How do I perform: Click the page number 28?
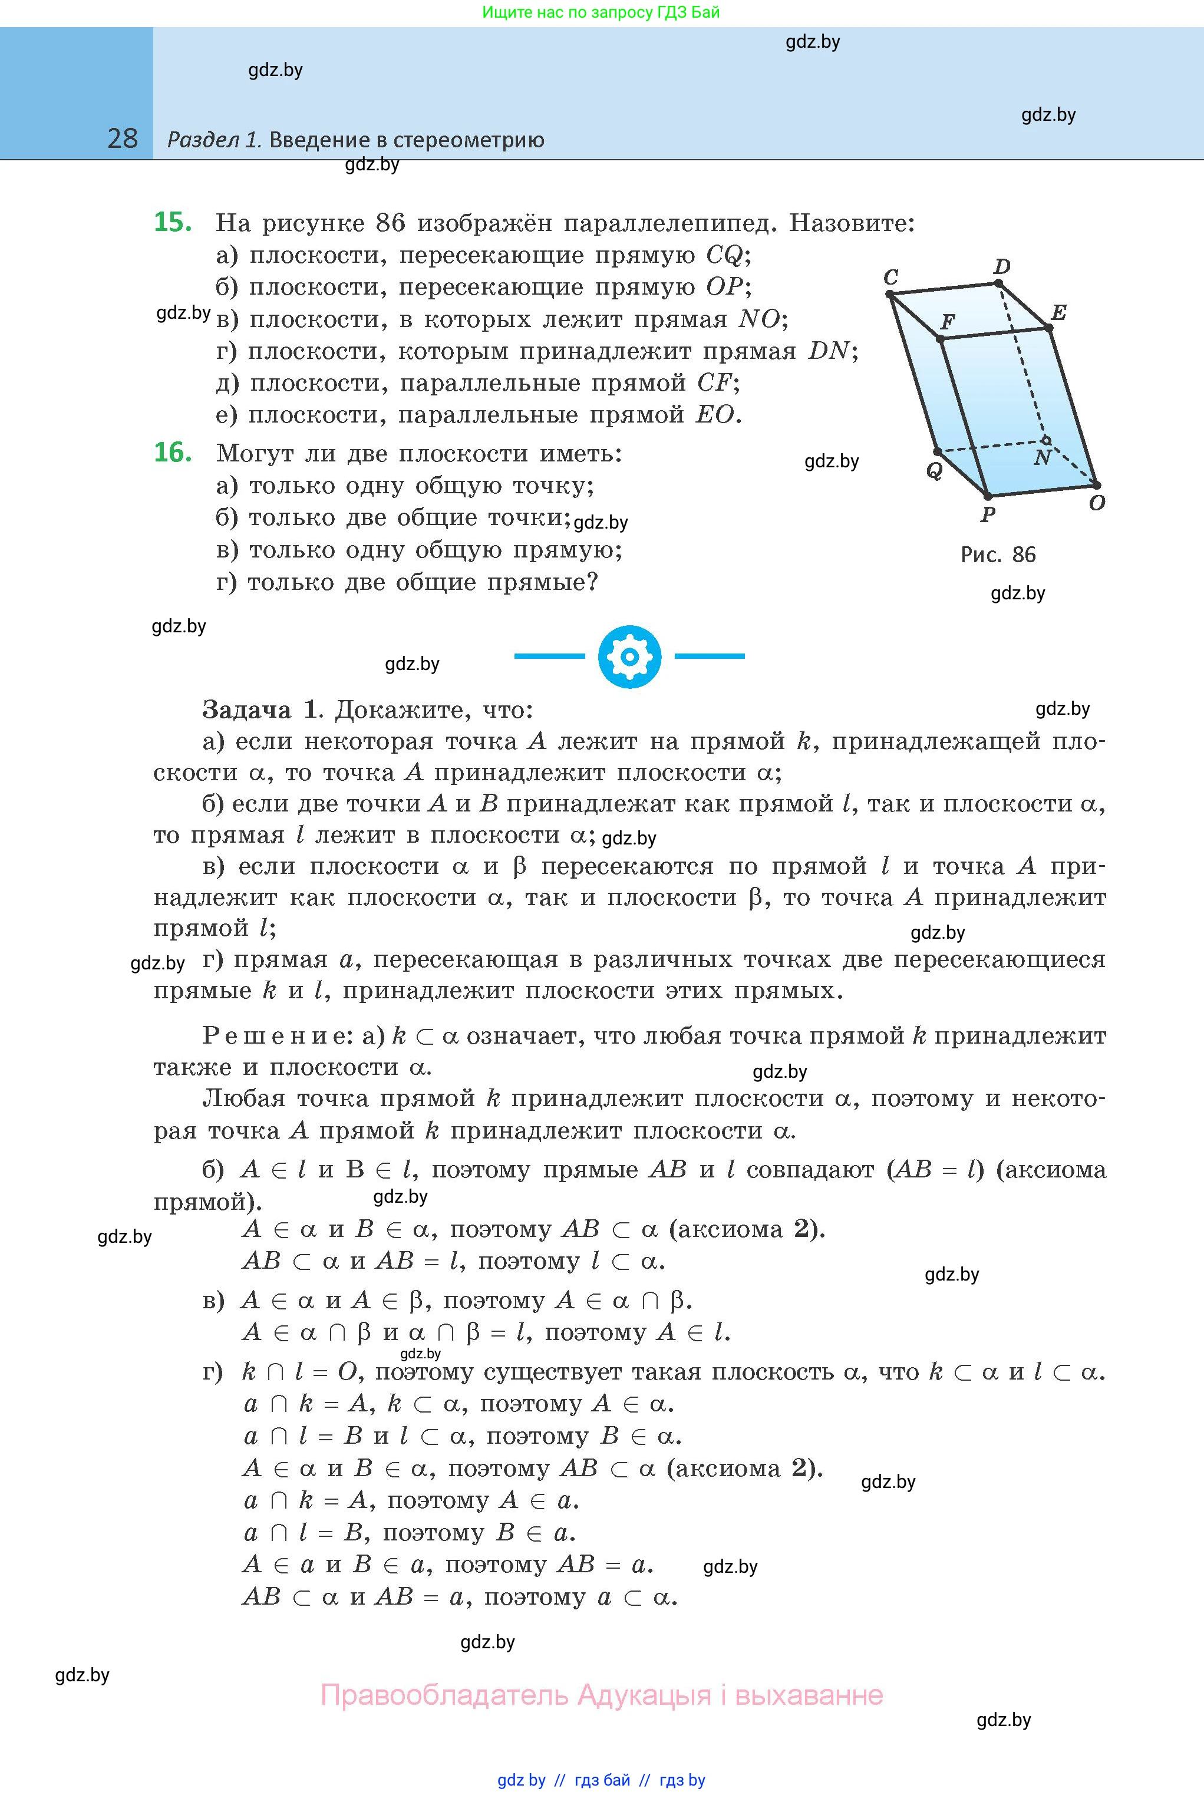[x=123, y=138]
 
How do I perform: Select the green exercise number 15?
[x=173, y=222]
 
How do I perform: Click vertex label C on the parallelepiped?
[x=890, y=276]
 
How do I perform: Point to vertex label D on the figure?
[x=1002, y=266]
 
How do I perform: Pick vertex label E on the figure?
[x=1059, y=312]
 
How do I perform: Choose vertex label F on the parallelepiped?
[x=948, y=322]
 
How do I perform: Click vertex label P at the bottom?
[x=988, y=514]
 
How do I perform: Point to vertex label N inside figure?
[x=1042, y=458]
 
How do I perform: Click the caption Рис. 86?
[x=998, y=555]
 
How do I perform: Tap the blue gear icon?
[x=629, y=656]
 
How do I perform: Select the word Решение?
[x=275, y=1036]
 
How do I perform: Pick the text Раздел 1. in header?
[x=215, y=140]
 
